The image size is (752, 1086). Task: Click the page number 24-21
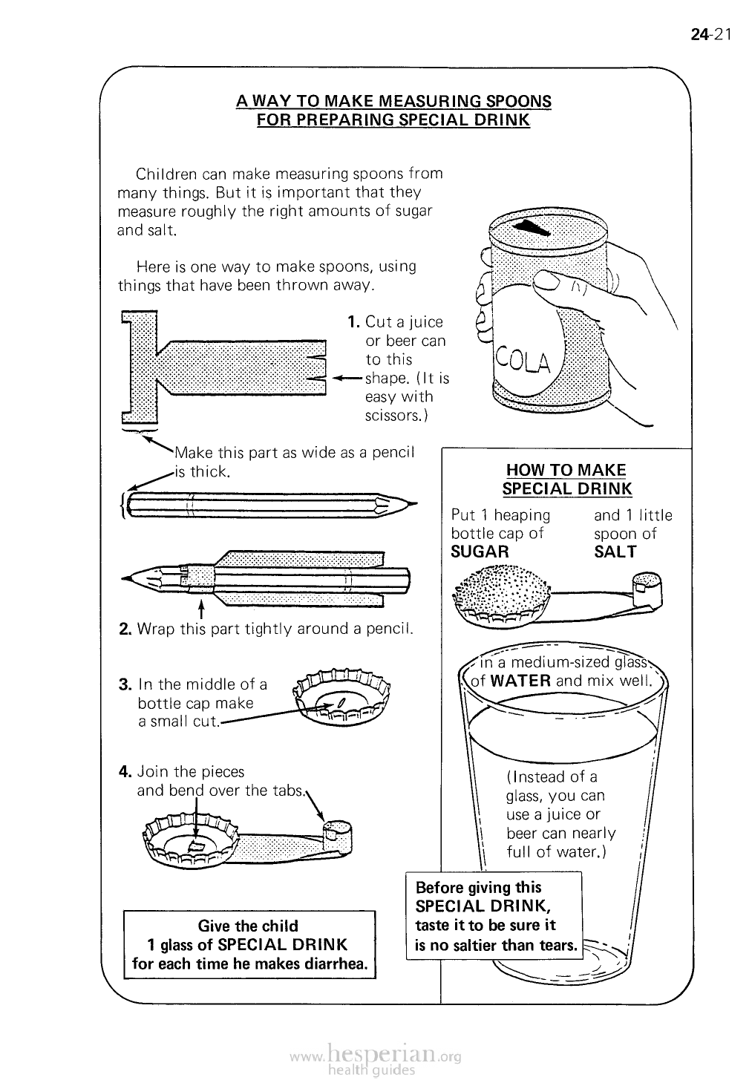710,34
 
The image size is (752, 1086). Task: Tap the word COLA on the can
523,361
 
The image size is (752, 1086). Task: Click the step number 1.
353,321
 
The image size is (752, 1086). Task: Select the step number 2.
125,628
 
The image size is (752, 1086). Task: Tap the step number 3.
125,684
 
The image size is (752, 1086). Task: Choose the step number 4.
125,771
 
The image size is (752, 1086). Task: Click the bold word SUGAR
480,552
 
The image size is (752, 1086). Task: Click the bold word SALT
615,552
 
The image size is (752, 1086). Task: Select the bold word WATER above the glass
520,681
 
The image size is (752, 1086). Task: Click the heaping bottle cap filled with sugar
501,598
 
